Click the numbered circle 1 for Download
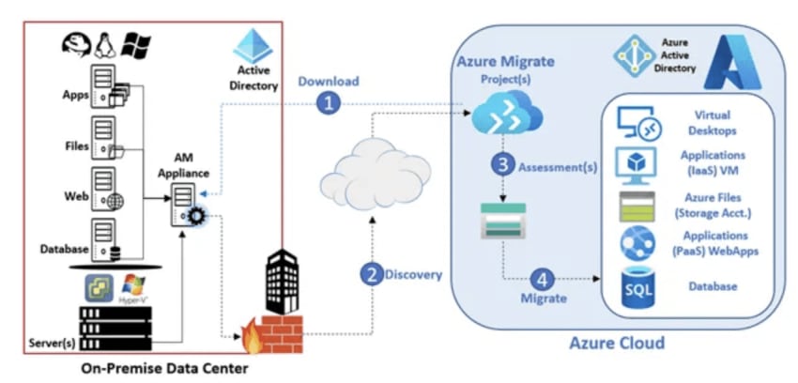coord(327,104)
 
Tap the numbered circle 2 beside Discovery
coord(372,275)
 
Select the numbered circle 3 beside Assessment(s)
coord(502,163)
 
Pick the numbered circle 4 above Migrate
coord(542,279)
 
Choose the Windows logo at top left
coord(137,44)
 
